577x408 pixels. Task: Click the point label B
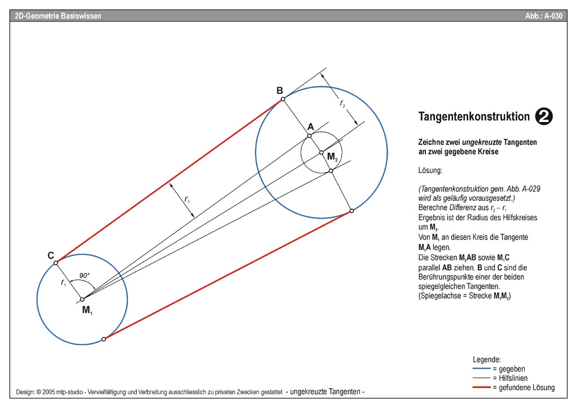tap(279, 90)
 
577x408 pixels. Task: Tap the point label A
tap(310, 127)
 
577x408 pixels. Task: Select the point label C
tap(50, 255)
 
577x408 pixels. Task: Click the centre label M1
tap(87, 310)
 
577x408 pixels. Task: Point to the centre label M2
tap(332, 157)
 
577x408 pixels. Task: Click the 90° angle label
tap(85, 275)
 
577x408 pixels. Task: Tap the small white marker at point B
tap(283, 99)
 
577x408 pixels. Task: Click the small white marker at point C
tap(56, 263)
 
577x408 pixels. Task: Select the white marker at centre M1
tap(82, 299)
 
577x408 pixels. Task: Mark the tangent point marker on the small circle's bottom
tap(104, 339)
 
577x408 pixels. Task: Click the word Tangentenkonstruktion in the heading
tap(474, 117)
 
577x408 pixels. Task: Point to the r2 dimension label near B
tap(342, 104)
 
